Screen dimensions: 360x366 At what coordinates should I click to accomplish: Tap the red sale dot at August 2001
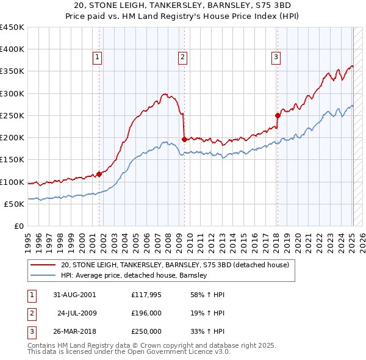click(x=99, y=174)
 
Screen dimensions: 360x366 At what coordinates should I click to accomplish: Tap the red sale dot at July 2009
click(x=184, y=139)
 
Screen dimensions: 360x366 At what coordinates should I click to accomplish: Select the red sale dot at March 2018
click(x=278, y=115)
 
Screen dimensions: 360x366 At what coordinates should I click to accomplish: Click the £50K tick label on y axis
click(x=14, y=204)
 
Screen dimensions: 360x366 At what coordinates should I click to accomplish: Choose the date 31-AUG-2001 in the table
click(x=74, y=294)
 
